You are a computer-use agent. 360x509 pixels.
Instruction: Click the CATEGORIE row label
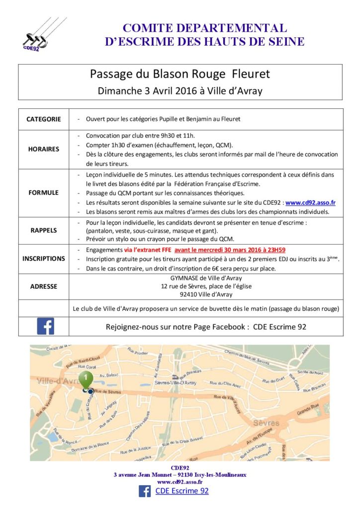[x=44, y=119]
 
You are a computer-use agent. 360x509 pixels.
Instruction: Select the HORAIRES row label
[x=44, y=149]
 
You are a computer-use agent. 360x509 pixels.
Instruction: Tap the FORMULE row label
[x=44, y=192]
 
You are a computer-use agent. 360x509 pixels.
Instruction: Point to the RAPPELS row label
[x=44, y=231]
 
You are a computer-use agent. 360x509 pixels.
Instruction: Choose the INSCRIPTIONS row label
[x=44, y=258]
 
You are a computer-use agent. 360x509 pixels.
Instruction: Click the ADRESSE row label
[x=44, y=286]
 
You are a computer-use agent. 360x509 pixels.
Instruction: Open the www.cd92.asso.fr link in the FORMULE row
[x=310, y=202]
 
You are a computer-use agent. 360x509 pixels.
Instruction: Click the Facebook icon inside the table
[x=46, y=327]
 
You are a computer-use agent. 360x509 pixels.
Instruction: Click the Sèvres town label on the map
[x=267, y=423]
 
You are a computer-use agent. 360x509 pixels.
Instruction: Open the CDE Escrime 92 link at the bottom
[x=182, y=491]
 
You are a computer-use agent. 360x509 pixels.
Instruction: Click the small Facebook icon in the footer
[x=145, y=491]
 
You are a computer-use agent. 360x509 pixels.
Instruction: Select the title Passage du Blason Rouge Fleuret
[x=180, y=74]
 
